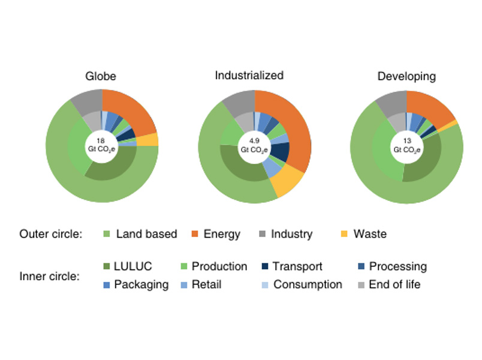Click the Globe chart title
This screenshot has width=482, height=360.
pos(101,76)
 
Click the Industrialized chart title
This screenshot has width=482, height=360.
pos(249,76)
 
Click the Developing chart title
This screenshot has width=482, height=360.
pos(406,76)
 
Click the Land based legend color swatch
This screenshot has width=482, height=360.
pos(108,234)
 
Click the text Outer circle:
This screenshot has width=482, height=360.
pos(50,234)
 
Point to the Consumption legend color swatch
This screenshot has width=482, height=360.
pos(264,284)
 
